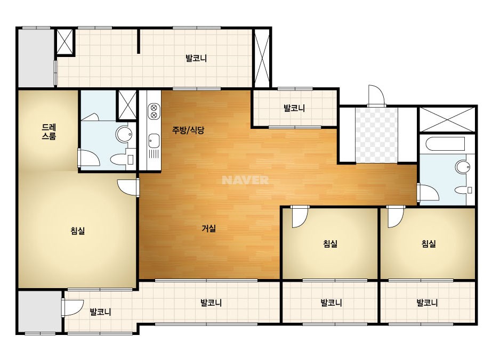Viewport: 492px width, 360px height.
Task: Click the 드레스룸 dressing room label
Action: coord(49,132)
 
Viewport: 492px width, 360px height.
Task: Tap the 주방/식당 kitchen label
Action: coord(188,130)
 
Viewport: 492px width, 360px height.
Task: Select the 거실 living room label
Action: coord(208,228)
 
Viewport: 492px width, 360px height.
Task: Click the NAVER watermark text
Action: coord(245,180)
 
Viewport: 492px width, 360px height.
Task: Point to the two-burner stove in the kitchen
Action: coord(154,111)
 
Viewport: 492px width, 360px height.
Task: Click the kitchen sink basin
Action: coord(154,141)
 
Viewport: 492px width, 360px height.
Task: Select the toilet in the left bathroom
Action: coord(122,159)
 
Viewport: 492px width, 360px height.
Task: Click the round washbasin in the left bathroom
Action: coord(124,134)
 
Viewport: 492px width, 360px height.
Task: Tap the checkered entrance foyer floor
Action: coord(376,135)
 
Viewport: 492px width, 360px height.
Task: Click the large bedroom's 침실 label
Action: coord(77,231)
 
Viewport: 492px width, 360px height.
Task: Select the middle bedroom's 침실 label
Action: coord(330,244)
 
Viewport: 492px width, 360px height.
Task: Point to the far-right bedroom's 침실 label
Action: coord(429,244)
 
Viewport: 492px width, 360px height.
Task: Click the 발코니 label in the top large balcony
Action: coord(196,59)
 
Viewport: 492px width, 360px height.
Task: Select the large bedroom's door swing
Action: coord(128,187)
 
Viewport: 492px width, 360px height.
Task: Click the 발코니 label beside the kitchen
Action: coord(294,108)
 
